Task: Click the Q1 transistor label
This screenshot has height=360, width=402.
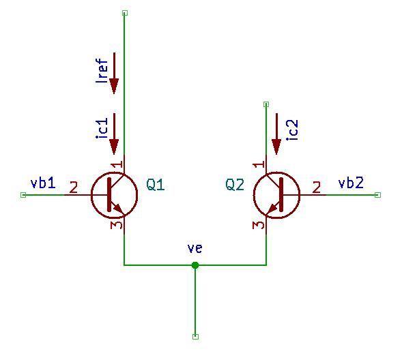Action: pos(156,184)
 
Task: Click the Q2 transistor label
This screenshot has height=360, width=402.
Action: pos(235,184)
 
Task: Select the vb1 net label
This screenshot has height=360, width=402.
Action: pos(43,183)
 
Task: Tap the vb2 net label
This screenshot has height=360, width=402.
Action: pos(351,183)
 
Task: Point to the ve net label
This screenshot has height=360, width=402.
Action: pos(195,248)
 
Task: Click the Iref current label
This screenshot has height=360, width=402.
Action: pos(102,70)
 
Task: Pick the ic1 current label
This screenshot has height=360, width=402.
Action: pos(102,128)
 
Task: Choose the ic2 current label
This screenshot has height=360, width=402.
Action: pos(292,130)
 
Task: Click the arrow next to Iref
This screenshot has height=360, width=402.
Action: pos(114,73)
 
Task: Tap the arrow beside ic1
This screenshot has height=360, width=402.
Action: pos(114,134)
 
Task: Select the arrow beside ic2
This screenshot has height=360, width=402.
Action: pos(276,134)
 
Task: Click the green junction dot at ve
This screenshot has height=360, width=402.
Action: pos(195,265)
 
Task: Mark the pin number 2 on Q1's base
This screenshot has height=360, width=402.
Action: pos(74,187)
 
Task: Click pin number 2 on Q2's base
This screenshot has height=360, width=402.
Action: pos(317,187)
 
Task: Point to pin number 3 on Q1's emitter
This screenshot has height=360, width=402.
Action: pos(116,225)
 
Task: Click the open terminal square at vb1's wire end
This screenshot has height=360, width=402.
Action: pos(23,195)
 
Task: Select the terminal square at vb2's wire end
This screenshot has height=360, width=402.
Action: pos(377,195)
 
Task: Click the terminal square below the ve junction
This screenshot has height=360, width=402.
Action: pos(195,337)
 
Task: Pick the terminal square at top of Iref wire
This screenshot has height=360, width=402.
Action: pos(125,13)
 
